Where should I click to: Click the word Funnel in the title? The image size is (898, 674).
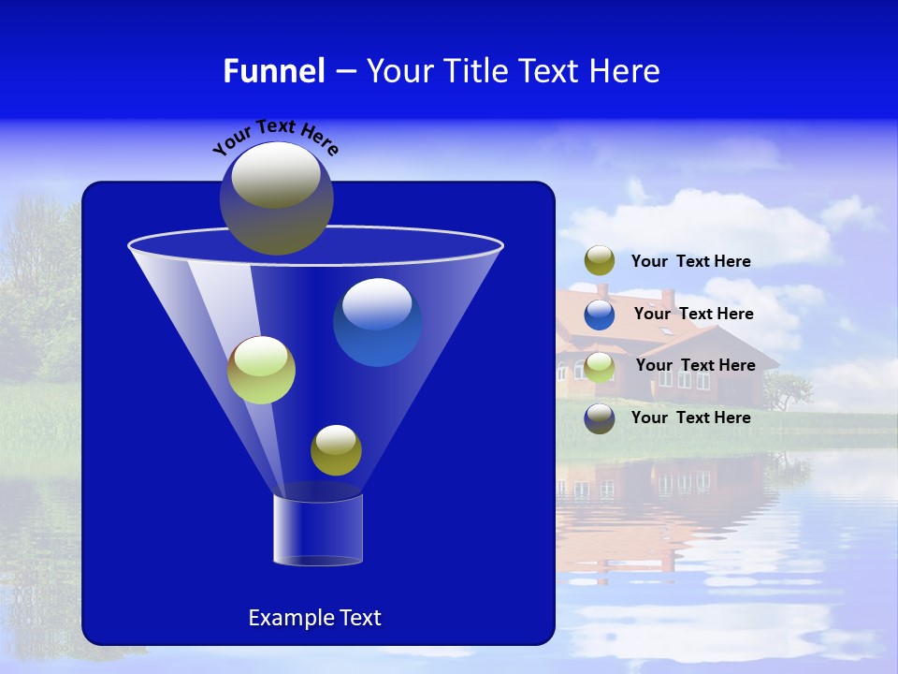tap(274, 71)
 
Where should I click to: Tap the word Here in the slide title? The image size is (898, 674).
tap(625, 71)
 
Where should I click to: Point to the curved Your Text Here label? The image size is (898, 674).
tap(275, 137)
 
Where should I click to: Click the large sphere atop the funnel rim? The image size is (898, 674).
tap(276, 198)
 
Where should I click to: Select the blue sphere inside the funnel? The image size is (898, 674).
tap(377, 322)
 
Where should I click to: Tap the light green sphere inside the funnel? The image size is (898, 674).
tap(261, 370)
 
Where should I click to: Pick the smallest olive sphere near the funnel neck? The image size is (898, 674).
tap(336, 450)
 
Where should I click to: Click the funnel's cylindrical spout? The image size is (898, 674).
tap(318, 530)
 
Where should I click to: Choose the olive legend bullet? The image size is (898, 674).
tap(600, 261)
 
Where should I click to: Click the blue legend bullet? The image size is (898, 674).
tap(600, 314)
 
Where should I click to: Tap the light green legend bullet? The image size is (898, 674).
tap(600, 366)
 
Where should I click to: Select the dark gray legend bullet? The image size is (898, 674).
tap(600, 418)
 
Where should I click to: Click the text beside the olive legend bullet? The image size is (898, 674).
tap(690, 262)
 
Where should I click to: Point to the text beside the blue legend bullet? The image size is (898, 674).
tap(693, 315)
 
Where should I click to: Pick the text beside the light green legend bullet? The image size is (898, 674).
tap(695, 366)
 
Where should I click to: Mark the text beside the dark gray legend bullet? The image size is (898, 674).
tap(690, 418)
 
